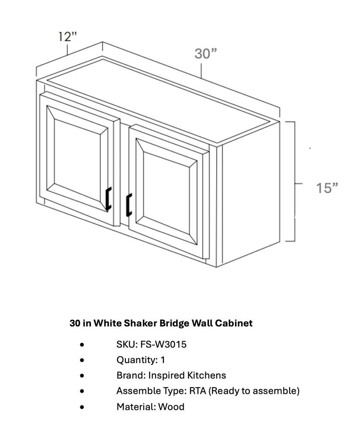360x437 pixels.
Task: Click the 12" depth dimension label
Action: coord(67,37)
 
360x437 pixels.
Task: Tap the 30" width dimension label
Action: coord(206,54)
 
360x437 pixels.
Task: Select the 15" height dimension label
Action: coord(327,188)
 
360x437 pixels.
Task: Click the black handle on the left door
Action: coord(108,199)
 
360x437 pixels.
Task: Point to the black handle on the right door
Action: coord(129,205)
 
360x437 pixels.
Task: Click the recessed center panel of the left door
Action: coord(77,160)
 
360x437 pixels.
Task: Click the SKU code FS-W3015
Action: coord(163,344)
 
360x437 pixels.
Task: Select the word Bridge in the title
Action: coord(175,323)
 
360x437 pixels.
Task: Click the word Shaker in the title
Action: coord(140,323)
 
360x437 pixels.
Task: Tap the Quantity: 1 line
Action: coord(141,360)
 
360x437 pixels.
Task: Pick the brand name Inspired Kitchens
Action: coord(187,376)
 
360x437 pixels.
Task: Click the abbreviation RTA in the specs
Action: coord(197,391)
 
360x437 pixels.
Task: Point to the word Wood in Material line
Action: coord(171,407)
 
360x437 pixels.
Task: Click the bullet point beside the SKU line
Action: coord(82,345)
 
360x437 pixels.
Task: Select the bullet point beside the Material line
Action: coord(82,407)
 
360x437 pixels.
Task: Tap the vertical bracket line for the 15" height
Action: coord(295,181)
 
